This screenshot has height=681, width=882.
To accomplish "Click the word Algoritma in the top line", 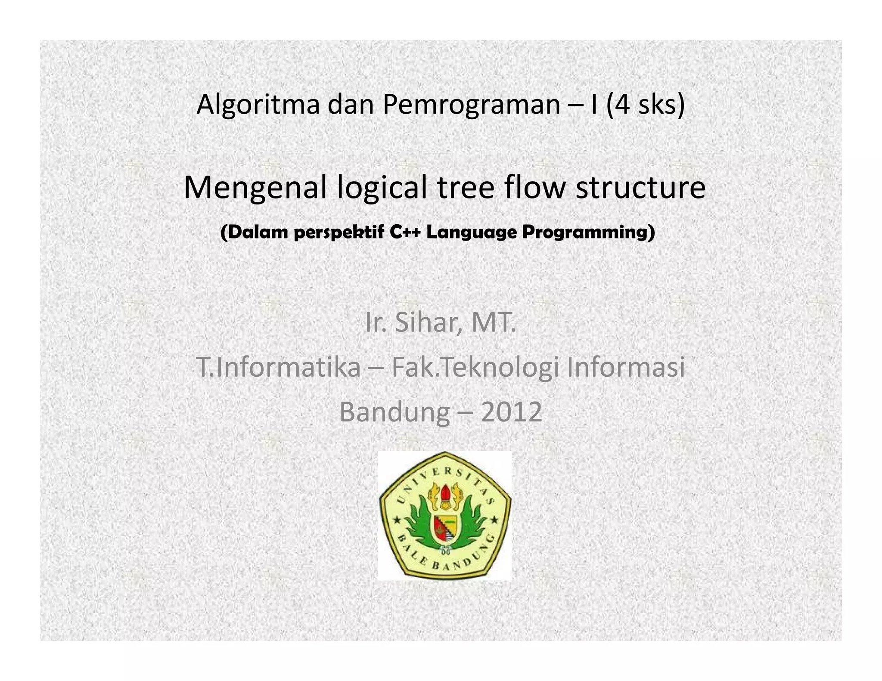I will point(258,105).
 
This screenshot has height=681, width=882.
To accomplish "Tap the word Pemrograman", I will point(471,105).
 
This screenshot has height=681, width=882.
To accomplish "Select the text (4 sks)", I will point(645,105).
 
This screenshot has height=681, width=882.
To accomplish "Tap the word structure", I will point(640,188).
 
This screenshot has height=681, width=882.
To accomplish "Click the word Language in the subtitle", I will point(472,232).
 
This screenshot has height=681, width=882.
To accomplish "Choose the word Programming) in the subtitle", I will point(588,232).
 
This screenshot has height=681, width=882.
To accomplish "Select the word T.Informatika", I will point(279,368).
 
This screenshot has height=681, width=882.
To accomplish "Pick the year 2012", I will point(511,412).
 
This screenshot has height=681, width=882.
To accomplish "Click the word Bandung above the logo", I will point(394,412).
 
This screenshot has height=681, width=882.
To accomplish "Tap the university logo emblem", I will point(444,515).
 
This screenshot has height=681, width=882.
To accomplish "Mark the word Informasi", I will point(625,368).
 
